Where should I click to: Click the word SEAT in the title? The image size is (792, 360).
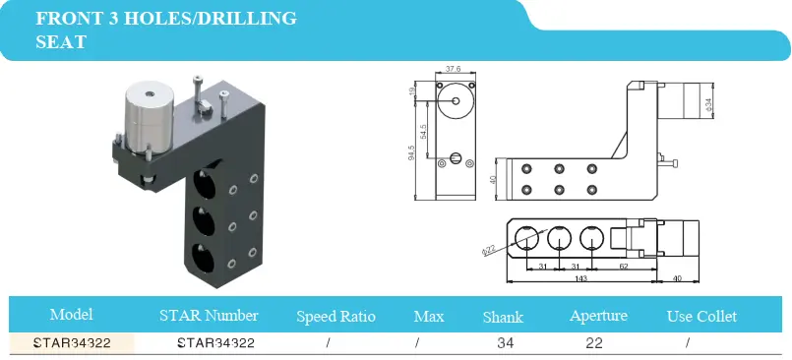click(x=61, y=41)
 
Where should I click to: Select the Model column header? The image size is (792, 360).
click(x=71, y=315)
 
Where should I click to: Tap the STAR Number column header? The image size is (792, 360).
click(x=209, y=316)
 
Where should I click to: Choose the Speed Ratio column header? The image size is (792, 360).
click(x=335, y=317)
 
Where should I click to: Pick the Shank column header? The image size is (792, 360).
click(x=503, y=317)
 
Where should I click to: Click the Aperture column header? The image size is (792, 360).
click(x=598, y=316)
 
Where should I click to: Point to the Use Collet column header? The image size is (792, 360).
click(x=701, y=317)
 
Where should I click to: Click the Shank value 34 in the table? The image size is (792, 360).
click(x=505, y=343)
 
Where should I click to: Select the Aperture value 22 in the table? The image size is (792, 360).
click(x=594, y=343)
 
